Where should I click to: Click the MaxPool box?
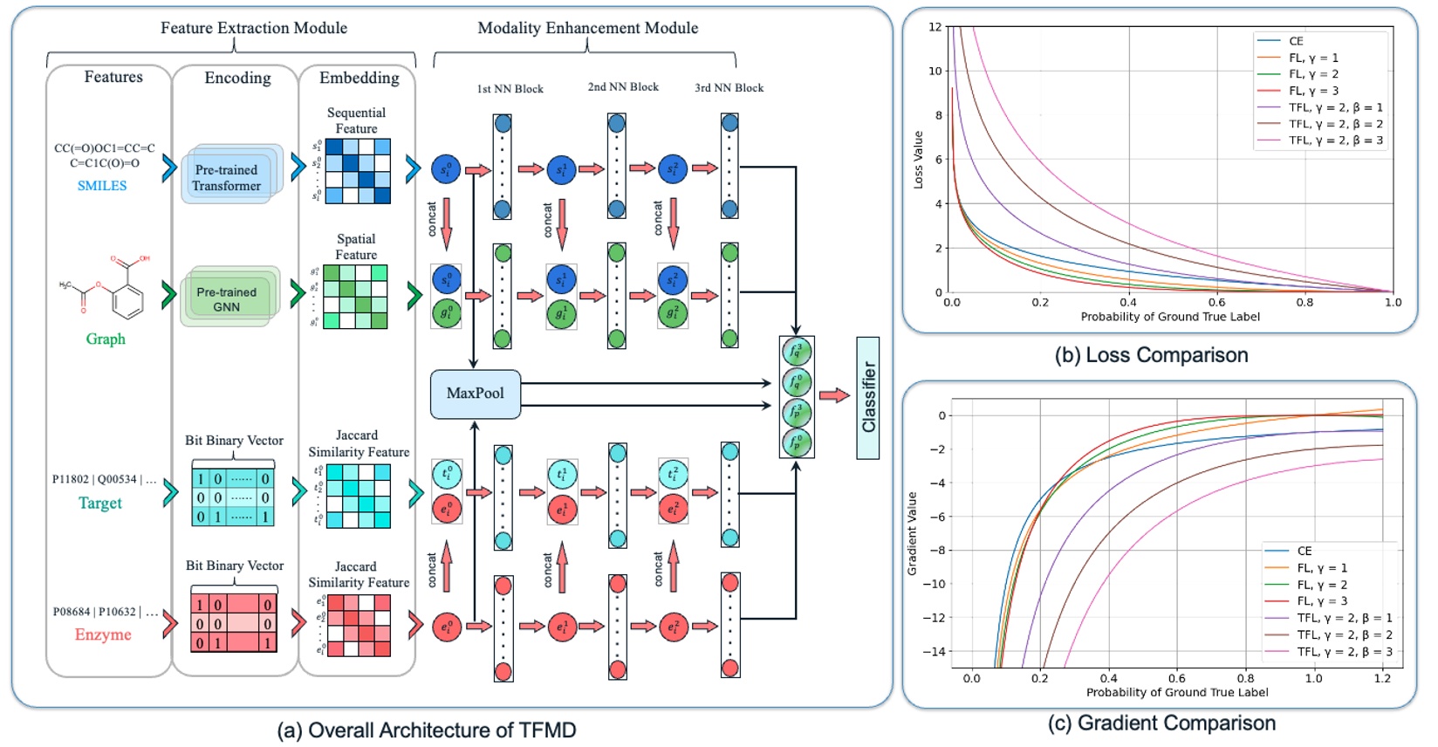click(476, 394)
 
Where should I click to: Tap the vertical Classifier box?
click(868, 398)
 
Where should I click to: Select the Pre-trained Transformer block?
click(227, 177)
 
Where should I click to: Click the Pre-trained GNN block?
click(227, 299)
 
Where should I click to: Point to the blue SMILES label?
click(102, 186)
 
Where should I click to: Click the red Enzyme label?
click(103, 634)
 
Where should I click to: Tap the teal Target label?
click(100, 503)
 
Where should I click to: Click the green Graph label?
click(106, 339)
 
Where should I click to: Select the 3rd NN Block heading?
click(729, 88)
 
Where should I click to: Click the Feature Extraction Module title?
click(254, 28)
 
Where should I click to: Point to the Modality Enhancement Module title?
click(587, 28)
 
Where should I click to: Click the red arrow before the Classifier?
click(834, 395)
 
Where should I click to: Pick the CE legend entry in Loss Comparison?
click(1296, 41)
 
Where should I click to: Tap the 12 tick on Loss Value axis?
click(935, 27)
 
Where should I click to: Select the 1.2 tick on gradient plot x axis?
click(1382, 678)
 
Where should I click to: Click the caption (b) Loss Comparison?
click(1151, 355)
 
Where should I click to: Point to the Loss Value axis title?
click(918, 160)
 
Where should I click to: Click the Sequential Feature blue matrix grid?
click(358, 171)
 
